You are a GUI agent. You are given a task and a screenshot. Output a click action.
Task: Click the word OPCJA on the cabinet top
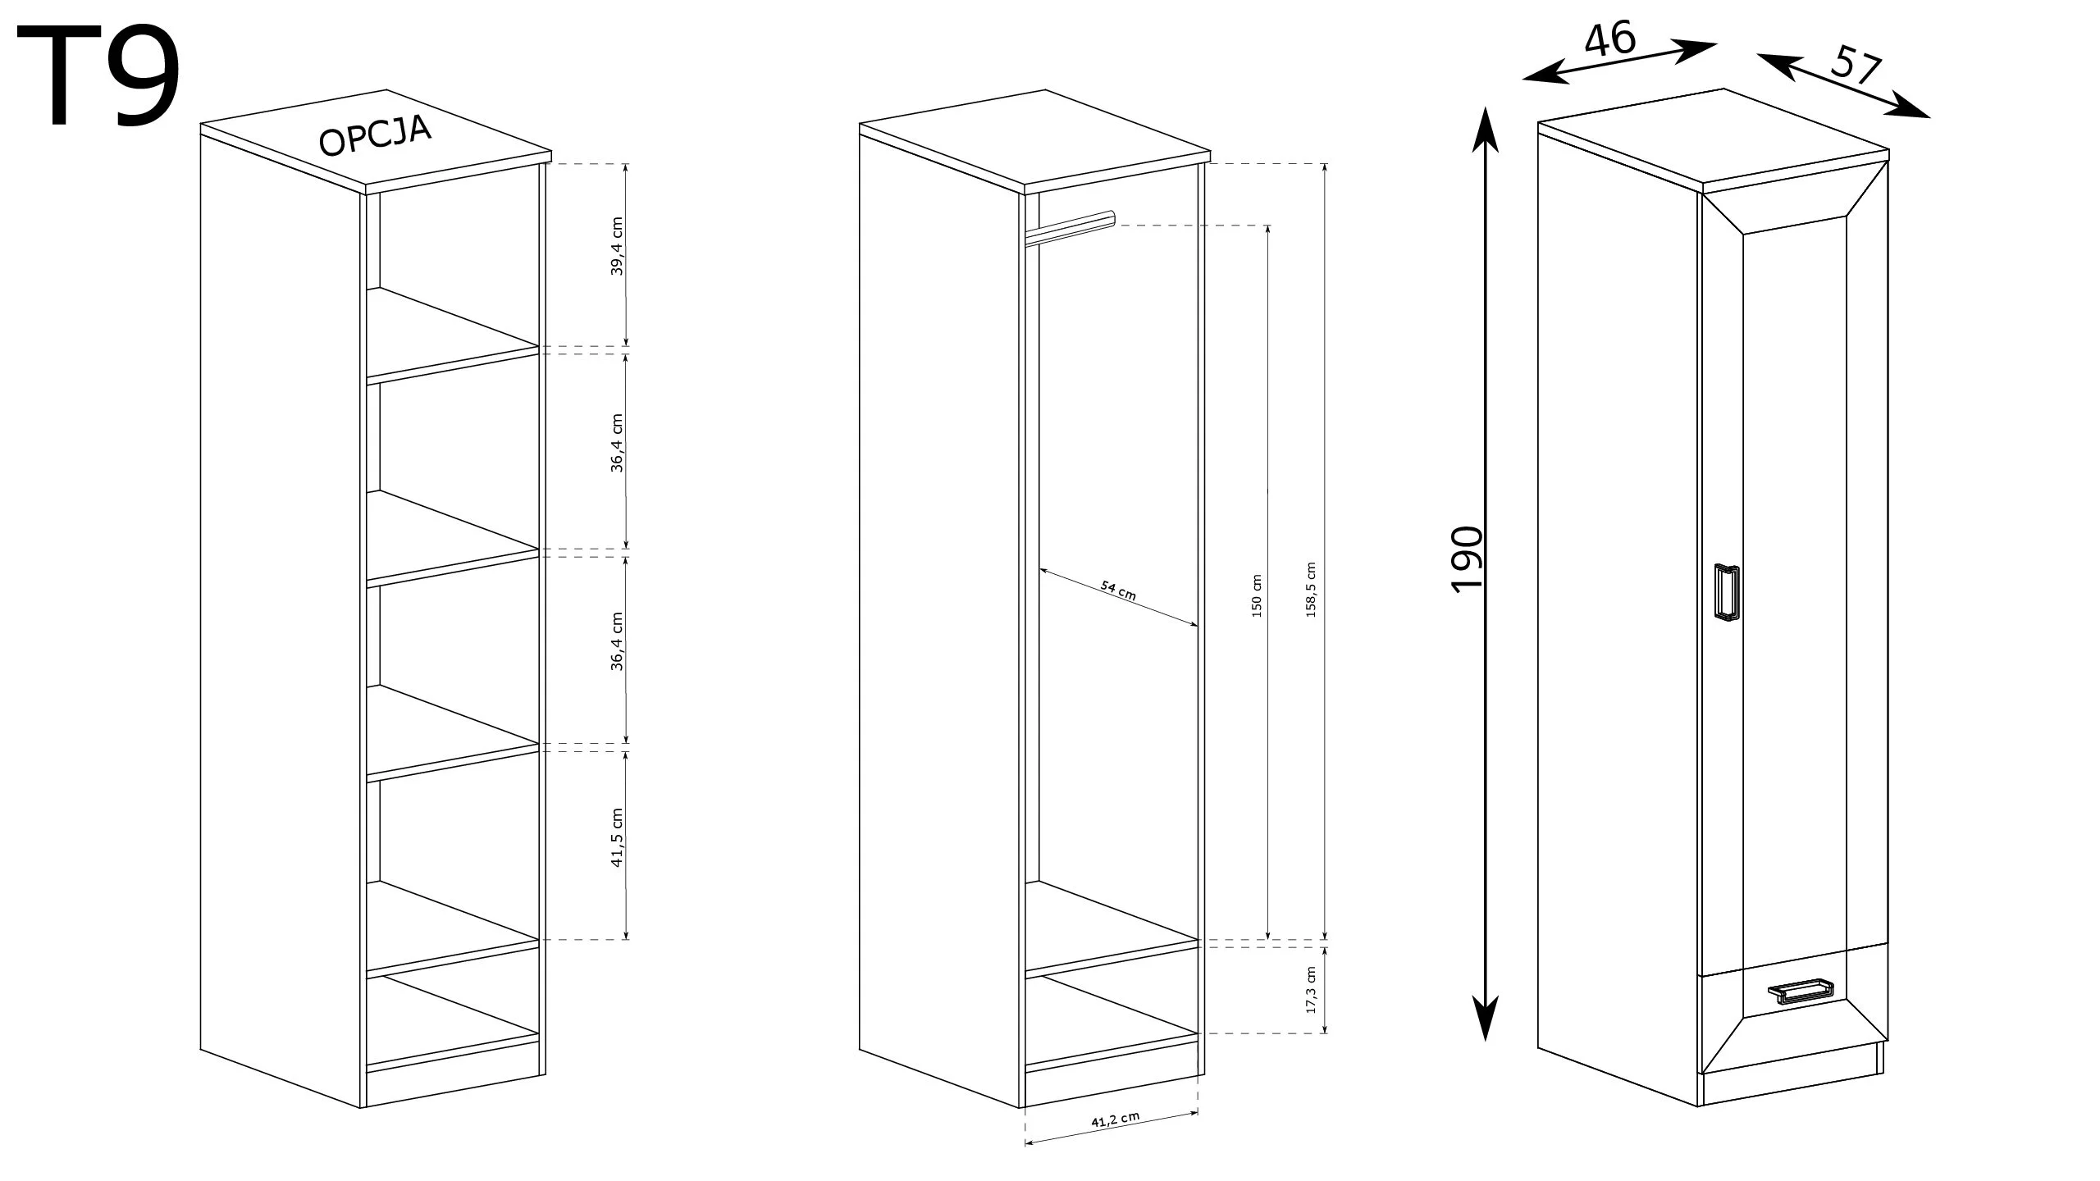tap(376, 136)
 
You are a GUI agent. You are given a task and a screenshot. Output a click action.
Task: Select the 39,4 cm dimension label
tap(618, 246)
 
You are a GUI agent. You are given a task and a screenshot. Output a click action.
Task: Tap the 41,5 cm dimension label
tap(618, 837)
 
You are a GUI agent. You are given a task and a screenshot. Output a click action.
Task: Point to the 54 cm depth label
tap(1118, 591)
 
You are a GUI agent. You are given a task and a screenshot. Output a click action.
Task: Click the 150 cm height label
tap(1257, 595)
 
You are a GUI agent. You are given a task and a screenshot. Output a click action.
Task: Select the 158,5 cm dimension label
tap(1310, 590)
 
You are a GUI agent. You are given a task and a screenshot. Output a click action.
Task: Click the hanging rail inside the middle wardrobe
tap(1071, 227)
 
